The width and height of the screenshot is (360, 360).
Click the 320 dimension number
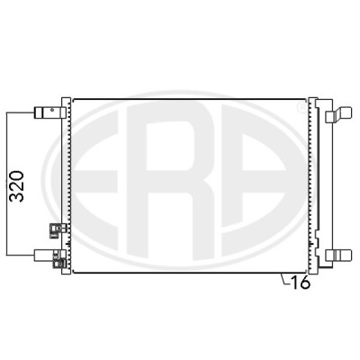(17, 186)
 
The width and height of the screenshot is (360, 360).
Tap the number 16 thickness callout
(301, 283)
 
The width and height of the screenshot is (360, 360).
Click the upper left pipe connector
(49, 112)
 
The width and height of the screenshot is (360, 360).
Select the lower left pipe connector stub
(44, 256)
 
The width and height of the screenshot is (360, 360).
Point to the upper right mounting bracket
(338, 115)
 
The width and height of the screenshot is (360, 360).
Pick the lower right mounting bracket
(338, 255)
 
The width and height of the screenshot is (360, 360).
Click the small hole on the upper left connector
(52, 110)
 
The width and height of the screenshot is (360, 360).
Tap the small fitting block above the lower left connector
(57, 230)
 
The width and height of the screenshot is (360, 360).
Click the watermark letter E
(95, 183)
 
